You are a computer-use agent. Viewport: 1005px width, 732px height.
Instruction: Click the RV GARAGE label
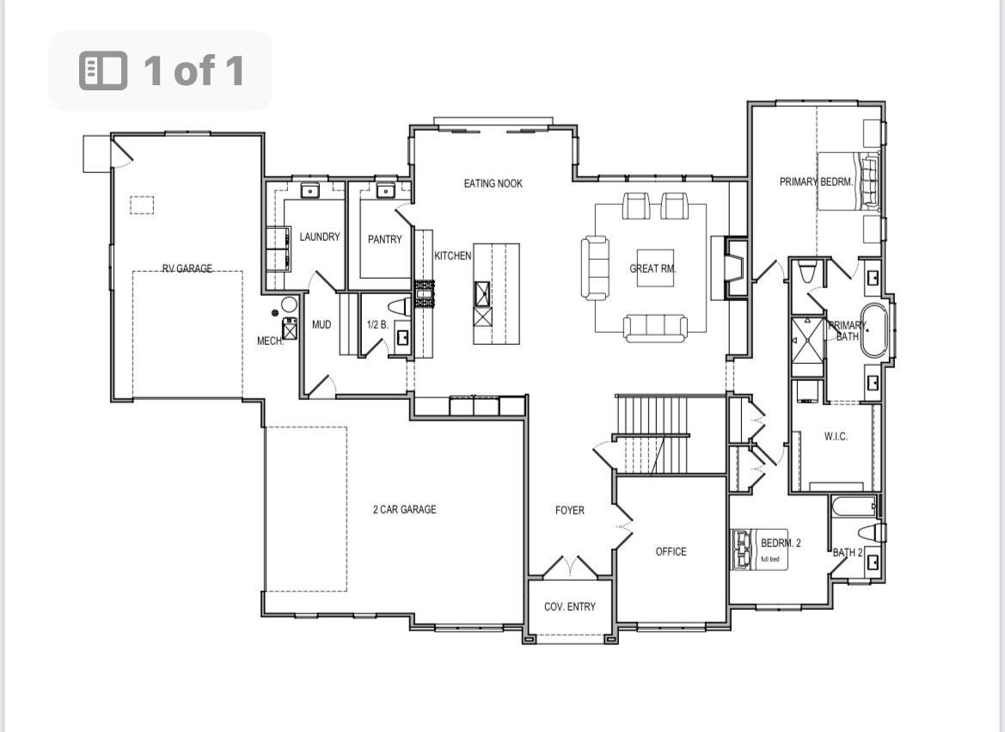(187, 268)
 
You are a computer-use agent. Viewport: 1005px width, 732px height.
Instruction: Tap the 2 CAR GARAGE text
(404, 509)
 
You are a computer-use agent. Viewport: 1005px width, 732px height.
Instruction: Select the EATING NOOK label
(493, 183)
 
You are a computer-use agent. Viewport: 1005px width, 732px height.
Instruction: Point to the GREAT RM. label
(653, 268)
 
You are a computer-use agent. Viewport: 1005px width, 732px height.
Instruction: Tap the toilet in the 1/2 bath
(399, 307)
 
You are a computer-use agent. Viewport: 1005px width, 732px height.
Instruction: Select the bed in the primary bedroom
(848, 181)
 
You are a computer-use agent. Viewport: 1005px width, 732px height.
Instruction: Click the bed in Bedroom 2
(742, 549)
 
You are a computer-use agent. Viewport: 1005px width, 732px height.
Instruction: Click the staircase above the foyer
(653, 434)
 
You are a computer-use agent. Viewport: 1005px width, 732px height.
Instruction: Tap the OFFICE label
(671, 551)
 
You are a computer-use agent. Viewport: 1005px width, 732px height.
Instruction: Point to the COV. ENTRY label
(569, 606)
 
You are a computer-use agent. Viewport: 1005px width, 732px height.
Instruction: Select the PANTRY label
(384, 239)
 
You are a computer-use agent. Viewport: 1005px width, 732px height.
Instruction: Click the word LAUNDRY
(319, 237)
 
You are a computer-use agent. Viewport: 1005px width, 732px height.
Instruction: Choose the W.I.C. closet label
(836, 436)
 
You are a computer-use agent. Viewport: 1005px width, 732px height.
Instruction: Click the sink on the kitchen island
(483, 293)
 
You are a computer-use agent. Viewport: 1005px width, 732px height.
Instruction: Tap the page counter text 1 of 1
(194, 71)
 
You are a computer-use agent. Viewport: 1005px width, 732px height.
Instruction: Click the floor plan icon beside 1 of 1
(103, 71)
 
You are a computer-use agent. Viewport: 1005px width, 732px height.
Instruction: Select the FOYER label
(569, 510)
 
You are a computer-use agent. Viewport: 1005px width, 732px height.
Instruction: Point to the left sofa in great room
(594, 268)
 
